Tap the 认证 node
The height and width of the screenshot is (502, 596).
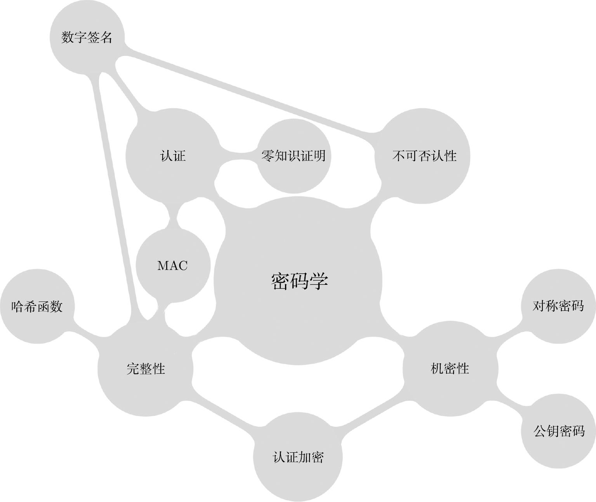coord(173,156)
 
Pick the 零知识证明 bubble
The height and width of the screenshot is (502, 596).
coord(294,156)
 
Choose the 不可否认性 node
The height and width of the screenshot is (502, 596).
coord(423,156)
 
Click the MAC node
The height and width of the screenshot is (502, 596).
coord(173,265)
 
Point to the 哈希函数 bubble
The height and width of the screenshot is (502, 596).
coord(37,307)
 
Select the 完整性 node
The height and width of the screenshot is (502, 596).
coord(146,368)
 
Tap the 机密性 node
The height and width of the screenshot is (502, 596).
coord(450,368)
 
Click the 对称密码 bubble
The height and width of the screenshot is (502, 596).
coord(558,306)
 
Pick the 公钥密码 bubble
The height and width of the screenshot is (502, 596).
coord(559,431)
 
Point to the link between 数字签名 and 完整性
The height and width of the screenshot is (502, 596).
coord(115,194)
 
